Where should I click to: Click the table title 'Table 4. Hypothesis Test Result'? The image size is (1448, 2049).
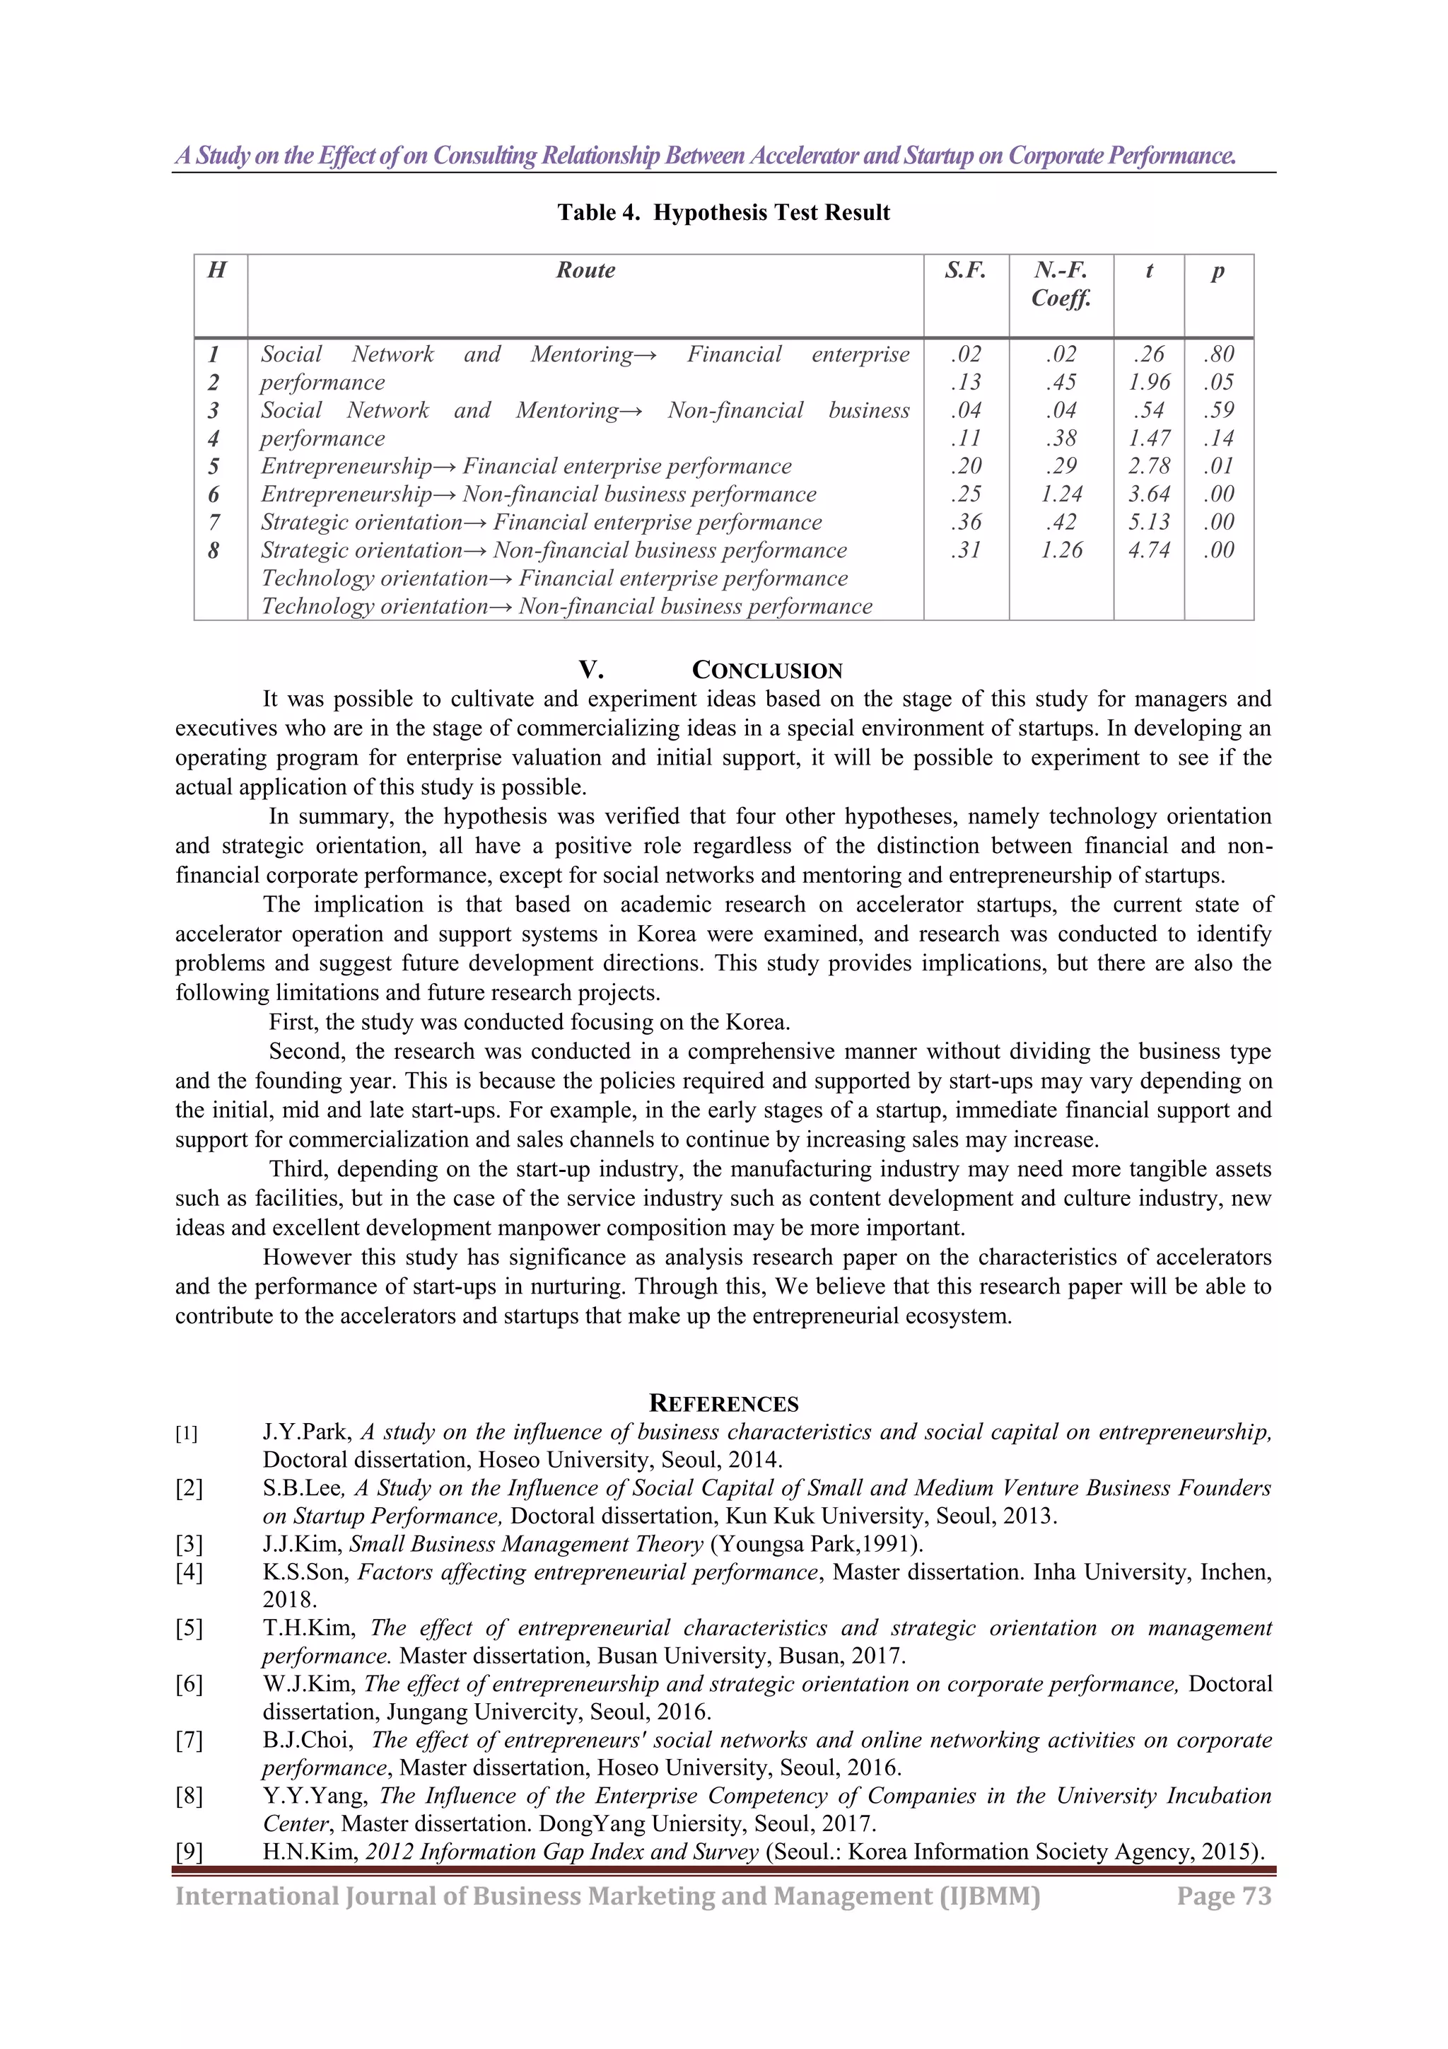(x=723, y=212)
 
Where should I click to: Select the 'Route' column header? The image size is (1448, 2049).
(x=585, y=270)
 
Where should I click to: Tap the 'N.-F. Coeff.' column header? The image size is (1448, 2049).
(x=1061, y=284)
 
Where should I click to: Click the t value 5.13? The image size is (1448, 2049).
(x=1148, y=522)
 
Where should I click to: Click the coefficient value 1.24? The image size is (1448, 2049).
(x=1061, y=494)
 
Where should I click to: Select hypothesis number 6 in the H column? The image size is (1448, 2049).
(x=214, y=494)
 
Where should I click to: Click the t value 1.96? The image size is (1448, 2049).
(x=1148, y=382)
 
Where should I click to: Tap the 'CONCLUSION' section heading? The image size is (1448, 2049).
(x=766, y=671)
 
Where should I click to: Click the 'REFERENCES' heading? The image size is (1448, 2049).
(x=723, y=1404)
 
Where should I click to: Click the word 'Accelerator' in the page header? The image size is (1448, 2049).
(x=804, y=156)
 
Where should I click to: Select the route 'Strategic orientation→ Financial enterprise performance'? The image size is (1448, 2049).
(x=541, y=522)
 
